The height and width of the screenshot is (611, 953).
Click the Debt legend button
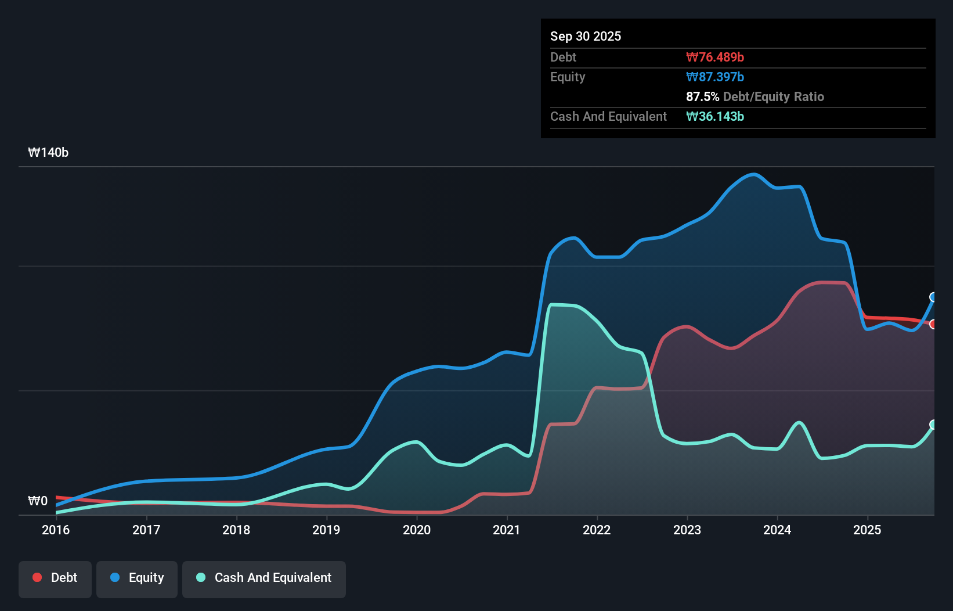[55, 578]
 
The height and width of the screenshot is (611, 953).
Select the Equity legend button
[137, 578]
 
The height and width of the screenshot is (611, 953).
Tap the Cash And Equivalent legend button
[264, 578]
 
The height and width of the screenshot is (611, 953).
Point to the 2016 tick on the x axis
[56, 530]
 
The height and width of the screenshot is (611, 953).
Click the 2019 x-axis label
[326, 530]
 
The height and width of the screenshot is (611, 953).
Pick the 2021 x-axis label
[507, 530]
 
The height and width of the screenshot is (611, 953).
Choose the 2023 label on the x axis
[687, 530]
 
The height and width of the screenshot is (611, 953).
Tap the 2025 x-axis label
[867, 530]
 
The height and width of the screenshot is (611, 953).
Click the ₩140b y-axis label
[48, 153]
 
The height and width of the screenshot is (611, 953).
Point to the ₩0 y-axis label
[38, 501]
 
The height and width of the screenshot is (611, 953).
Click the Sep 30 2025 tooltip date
[586, 36]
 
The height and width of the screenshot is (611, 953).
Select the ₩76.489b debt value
[715, 57]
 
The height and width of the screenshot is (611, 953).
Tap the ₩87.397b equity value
[715, 77]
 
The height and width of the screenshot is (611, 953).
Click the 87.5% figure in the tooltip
[702, 96]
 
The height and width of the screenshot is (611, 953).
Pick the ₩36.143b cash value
[715, 116]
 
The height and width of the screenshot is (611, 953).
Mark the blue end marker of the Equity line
[933, 297]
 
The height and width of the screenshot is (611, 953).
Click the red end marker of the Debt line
[933, 324]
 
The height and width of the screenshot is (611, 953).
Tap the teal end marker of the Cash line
[933, 425]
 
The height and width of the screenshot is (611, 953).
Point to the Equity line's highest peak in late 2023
[753, 174]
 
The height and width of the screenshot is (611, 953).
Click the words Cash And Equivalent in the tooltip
[608, 116]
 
